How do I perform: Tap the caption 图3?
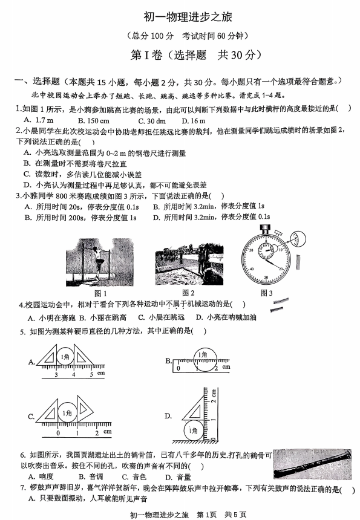[267, 294]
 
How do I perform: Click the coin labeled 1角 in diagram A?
[67, 357]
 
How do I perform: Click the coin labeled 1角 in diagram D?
[194, 430]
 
